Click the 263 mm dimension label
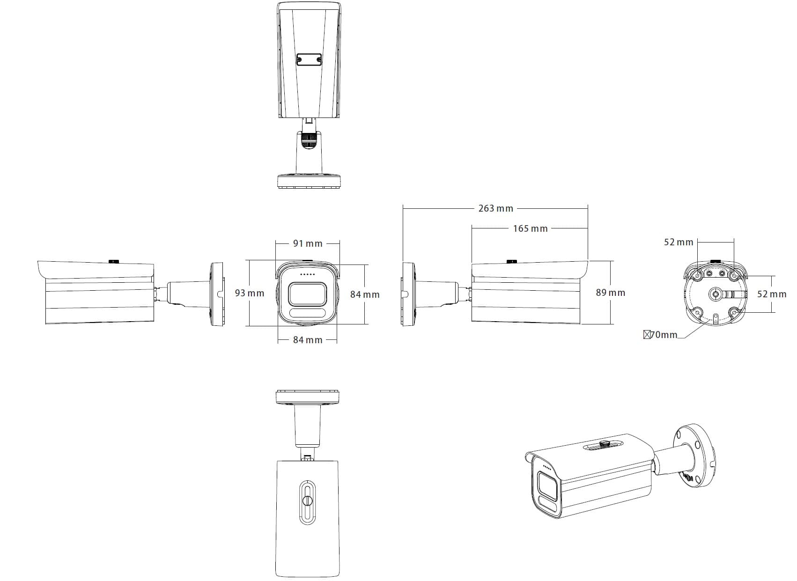495,208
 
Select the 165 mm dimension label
530,228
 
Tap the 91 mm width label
308,243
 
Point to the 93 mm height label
249,293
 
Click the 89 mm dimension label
610,293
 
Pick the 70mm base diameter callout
661,335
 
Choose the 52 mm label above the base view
678,242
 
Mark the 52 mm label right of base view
771,294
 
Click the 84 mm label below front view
308,340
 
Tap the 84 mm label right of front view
365,294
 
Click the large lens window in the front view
307,294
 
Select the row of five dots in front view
307,274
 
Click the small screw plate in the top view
309,59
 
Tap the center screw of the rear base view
716,294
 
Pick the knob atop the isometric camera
604,442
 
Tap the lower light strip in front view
307,313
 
